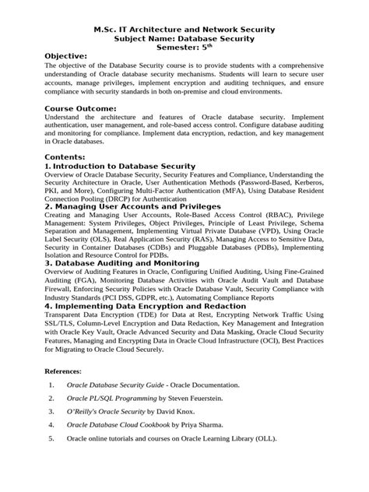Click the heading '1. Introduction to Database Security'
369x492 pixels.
(120, 167)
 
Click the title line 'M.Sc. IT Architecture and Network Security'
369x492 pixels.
(184, 30)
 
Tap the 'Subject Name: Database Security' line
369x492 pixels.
(184, 38)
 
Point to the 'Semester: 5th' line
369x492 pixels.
(184, 47)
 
